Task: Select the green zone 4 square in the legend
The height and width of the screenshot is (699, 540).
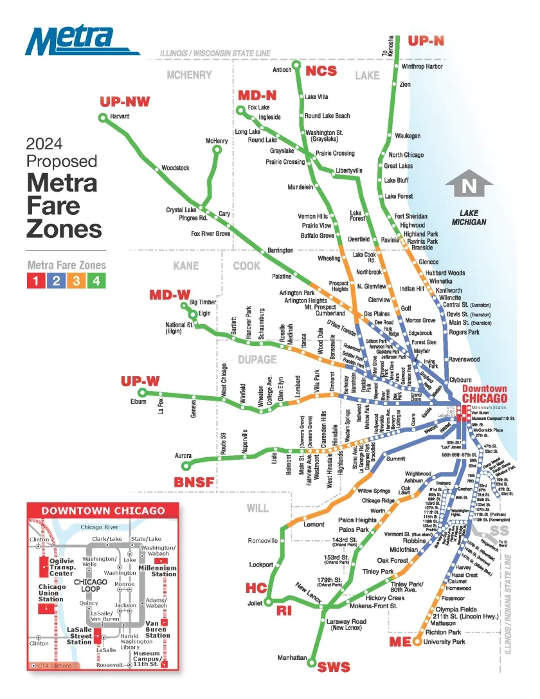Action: point(96,280)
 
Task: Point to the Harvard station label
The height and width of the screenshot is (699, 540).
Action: point(120,116)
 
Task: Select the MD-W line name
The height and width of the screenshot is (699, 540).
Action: point(170,295)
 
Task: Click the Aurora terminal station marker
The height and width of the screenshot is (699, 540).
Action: point(186,466)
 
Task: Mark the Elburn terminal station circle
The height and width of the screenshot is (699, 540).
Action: point(143,392)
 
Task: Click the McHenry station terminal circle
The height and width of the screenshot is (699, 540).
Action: point(217,150)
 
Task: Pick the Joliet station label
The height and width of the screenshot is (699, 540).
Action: point(255,603)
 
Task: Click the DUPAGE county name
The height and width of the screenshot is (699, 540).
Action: point(257,359)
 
